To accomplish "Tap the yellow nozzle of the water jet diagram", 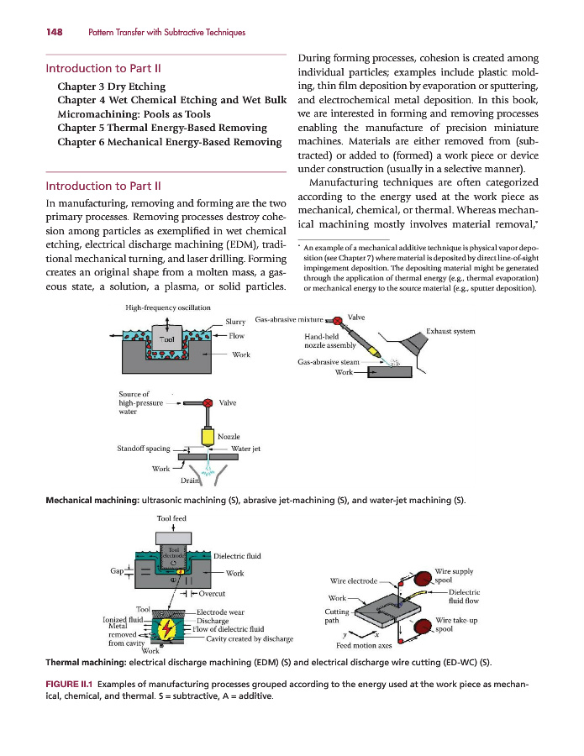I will pos(207,435).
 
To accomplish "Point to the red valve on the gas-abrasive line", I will pos(337,320).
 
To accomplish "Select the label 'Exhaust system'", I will pos(451,331).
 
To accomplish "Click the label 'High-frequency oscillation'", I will pos(168,307).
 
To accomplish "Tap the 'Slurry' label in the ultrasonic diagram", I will pos(236,320).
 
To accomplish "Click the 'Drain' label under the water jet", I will pos(191,480).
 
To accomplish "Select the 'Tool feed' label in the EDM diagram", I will pos(171,518).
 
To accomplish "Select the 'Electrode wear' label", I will pos(221,612).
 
